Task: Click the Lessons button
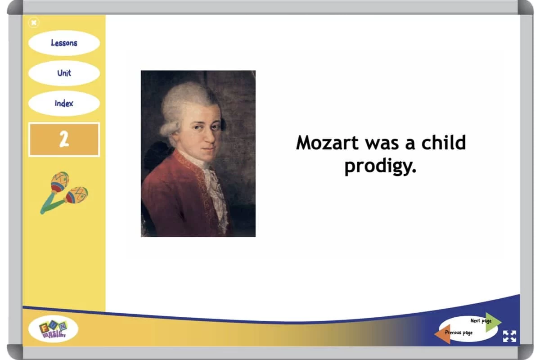pos(64,43)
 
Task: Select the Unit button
pos(64,73)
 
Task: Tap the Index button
pos(64,103)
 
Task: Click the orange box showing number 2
pos(64,139)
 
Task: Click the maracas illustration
pos(64,193)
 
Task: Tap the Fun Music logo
pos(53,329)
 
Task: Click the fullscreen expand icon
pos(509,336)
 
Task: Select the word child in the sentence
pos(444,142)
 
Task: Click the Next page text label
pos(481,321)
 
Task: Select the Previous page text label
pos(459,333)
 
